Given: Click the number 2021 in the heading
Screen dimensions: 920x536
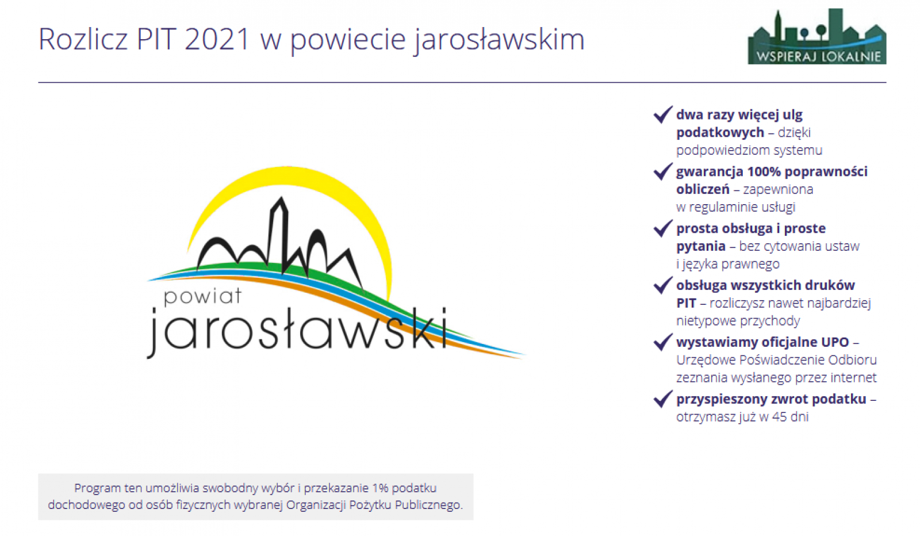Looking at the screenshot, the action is tap(217, 39).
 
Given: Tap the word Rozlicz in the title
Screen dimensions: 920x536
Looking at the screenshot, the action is tap(83, 39).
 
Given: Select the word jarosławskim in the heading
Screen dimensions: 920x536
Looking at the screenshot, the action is tap(499, 40).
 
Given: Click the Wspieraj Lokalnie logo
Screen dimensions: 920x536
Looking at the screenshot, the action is tap(817, 36).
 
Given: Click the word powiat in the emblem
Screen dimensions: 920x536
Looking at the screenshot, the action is tap(202, 296).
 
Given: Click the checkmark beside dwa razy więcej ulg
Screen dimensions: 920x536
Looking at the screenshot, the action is tap(663, 114).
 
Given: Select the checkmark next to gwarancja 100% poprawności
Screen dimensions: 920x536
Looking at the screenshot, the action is tap(663, 171).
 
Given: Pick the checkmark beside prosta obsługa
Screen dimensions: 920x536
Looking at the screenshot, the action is tap(663, 228).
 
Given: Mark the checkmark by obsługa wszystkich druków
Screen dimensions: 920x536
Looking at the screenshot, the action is tap(663, 285).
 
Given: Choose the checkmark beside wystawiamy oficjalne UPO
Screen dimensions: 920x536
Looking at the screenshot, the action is tap(663, 342).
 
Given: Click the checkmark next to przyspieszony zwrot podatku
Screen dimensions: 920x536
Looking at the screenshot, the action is tap(663, 399).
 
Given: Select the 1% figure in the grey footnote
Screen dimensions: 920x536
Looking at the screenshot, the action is tap(380, 488).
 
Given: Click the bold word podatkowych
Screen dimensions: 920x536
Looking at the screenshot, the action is tap(720, 133).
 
